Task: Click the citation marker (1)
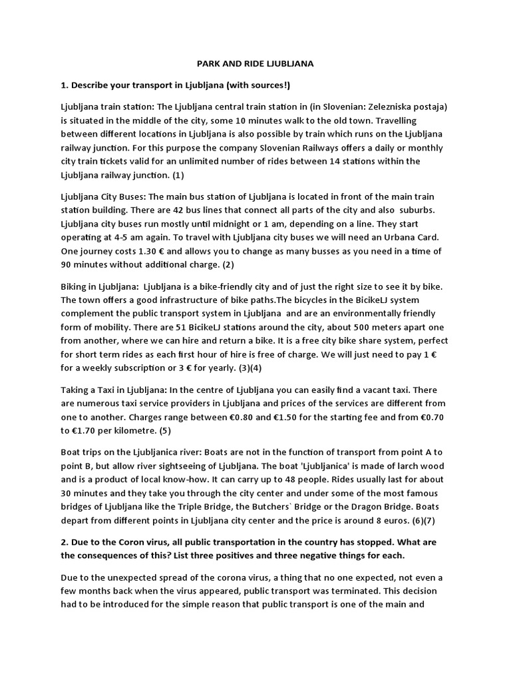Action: tap(180, 175)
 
